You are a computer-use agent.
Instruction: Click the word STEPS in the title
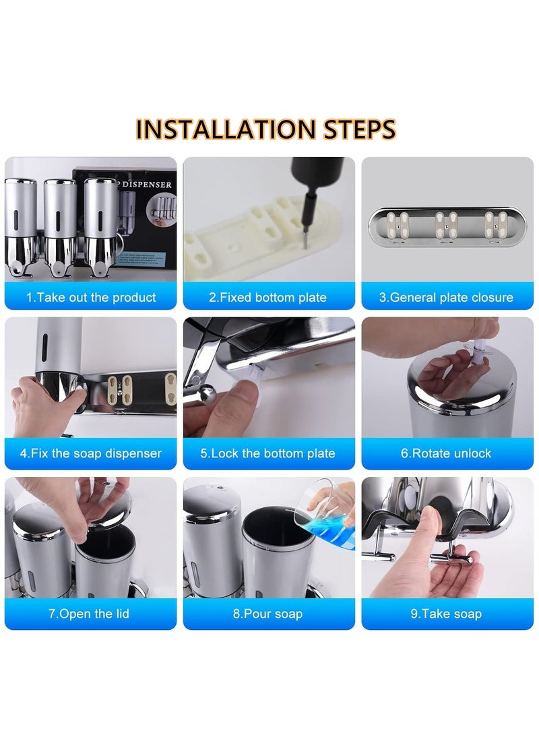pos(360,129)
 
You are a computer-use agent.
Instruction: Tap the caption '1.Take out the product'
pos(91,297)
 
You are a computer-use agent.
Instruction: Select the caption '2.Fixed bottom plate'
pos(267,297)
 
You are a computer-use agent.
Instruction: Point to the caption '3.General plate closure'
pos(446,297)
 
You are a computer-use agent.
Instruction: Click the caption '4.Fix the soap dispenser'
pos(90,453)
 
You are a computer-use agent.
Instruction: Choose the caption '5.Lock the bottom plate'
pos(267,453)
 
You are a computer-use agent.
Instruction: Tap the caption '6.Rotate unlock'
pos(446,453)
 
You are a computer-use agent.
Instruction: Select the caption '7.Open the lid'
pos(89,614)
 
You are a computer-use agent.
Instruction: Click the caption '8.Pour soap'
pos(267,614)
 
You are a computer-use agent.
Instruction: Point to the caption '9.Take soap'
pos(446,614)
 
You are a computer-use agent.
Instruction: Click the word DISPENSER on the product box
pos(147,184)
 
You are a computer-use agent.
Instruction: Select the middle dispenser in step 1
pos(61,227)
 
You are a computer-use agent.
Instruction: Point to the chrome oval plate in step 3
pos(447,226)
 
